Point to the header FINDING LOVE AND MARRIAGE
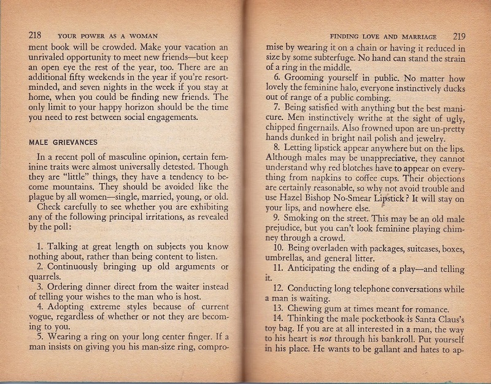(x=387, y=36)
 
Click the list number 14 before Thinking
(x=279, y=320)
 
